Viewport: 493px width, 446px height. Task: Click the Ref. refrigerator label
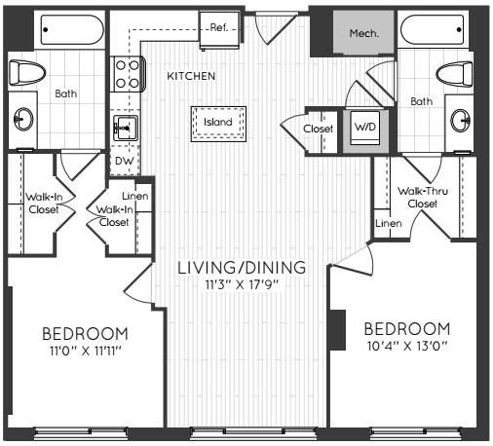pos(219,27)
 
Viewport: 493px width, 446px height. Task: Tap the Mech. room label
pos(363,33)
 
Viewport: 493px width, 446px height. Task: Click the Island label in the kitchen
pos(218,122)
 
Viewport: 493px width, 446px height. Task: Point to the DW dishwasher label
pos(125,161)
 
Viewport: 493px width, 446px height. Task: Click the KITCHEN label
pos(191,76)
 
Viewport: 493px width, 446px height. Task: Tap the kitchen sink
pos(126,128)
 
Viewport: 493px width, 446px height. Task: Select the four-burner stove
pos(127,74)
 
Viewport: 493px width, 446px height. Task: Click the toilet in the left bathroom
pos(26,72)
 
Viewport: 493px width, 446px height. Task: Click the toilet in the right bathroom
pos(454,74)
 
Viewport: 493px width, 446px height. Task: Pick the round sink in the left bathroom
pos(23,119)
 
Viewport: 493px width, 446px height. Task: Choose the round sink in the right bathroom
pos(461,121)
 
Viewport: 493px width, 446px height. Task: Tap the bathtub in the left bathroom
pos(72,29)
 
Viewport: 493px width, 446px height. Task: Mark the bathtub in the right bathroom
pos(433,29)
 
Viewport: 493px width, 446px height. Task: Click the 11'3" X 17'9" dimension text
pos(242,285)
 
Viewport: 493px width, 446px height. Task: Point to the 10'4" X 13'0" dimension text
pos(407,346)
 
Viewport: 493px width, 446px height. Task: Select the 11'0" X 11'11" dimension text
pos(86,351)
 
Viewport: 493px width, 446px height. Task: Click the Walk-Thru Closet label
pos(423,198)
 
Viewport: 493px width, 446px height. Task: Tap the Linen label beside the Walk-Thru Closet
pos(389,223)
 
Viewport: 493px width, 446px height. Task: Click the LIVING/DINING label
pos(242,268)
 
